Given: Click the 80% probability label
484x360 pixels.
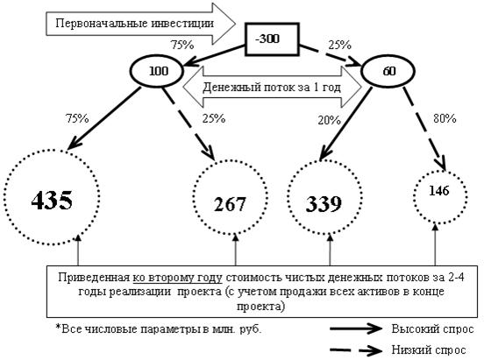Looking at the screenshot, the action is pos(445,118).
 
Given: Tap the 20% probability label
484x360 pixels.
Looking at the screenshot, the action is pos(329,120).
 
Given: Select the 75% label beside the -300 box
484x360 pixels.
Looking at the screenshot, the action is pos(182,45).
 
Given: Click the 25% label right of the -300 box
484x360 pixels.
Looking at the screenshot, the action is pos(339,45).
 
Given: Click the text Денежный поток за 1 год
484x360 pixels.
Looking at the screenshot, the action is pos(272,88).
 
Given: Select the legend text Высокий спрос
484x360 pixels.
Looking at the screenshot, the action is pos(432,328).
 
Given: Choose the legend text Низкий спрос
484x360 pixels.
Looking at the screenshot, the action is pos(429,349).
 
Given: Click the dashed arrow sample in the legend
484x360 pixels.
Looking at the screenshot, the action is pos(356,349).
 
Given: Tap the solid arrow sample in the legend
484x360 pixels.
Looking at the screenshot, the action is pos(356,328).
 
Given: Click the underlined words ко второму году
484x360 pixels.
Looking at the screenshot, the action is pos(177,278).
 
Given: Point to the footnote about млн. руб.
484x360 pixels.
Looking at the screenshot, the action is pos(159,328).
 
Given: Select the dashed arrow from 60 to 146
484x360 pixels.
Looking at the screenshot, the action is pos(424,129).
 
